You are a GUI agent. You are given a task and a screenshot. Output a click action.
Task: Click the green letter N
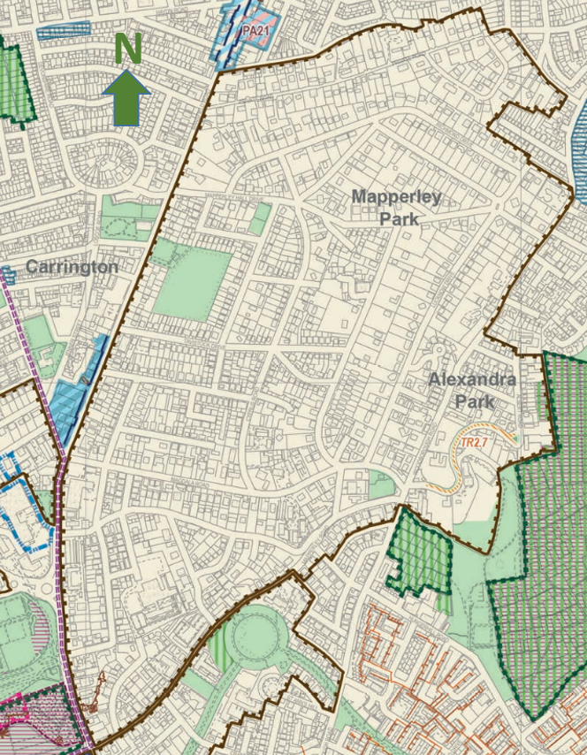(127, 50)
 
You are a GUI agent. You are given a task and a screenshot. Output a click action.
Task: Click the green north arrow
(127, 97)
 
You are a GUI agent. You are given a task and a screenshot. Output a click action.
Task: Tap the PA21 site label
(255, 30)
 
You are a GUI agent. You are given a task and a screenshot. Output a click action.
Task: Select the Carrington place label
(72, 266)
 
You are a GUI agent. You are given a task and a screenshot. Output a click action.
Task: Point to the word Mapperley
(396, 196)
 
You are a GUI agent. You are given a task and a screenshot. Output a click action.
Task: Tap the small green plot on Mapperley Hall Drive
(260, 218)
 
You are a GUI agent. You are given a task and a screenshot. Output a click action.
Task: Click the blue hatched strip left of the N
(64, 32)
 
